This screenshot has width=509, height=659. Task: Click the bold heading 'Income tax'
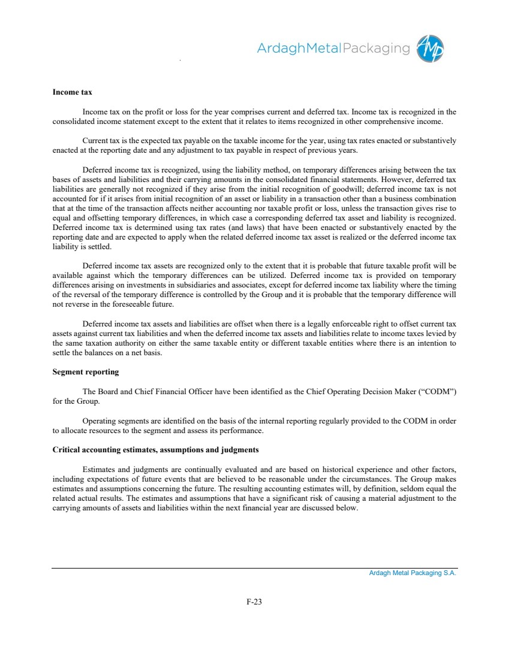[x=72, y=92]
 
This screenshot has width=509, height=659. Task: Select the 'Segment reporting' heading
[x=86, y=372]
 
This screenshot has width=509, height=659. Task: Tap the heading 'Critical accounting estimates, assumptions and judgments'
[x=156, y=449]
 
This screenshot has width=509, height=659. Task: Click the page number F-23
[x=254, y=601]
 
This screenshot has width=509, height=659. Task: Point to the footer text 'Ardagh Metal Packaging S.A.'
[x=412, y=573]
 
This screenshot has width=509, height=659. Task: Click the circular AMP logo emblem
[x=431, y=48]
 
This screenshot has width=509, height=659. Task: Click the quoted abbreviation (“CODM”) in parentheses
[x=436, y=391]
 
